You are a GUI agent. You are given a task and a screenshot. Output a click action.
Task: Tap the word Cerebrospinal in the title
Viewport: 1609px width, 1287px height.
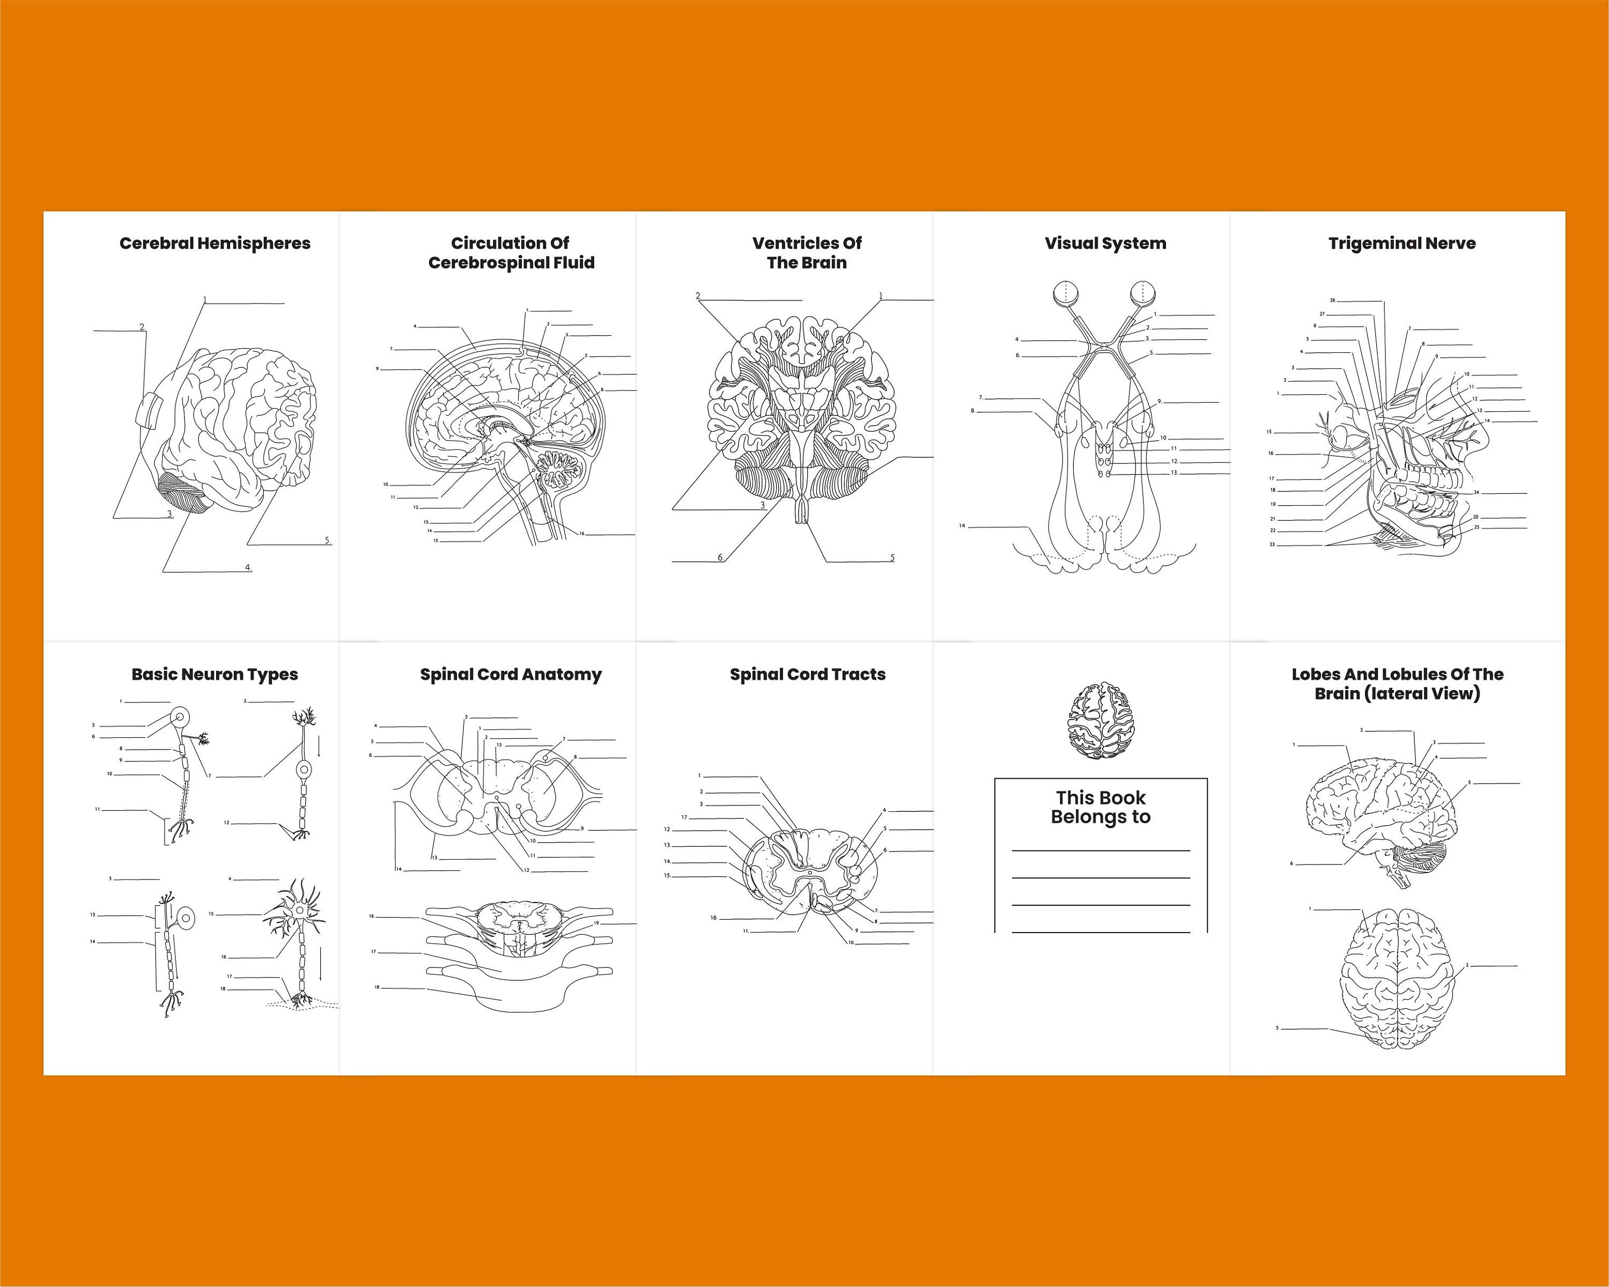point(484,263)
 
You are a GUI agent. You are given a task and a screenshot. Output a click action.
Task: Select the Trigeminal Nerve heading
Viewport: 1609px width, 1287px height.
point(1401,243)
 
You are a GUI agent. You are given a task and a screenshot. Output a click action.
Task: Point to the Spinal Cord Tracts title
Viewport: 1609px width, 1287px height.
point(808,675)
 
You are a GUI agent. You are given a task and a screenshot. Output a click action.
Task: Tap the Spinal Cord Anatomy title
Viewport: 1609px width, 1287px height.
point(511,675)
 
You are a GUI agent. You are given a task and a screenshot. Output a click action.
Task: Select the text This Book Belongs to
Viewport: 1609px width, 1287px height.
point(1100,807)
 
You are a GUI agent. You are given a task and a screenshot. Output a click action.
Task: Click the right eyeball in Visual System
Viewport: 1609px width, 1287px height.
point(1141,293)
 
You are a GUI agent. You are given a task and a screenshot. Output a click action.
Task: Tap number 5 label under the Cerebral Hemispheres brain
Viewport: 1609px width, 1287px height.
point(326,540)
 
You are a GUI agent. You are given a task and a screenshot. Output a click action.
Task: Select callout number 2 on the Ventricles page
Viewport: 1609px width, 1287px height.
point(698,296)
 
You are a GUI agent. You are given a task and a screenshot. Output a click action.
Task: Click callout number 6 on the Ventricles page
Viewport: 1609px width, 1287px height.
point(720,557)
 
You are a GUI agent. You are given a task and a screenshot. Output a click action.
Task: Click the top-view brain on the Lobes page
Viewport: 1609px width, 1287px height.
point(1397,979)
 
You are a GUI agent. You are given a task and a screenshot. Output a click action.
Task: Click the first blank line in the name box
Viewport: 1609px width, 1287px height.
point(1100,850)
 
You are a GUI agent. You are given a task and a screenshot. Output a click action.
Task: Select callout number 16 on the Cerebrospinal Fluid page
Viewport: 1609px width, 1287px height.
point(582,534)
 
